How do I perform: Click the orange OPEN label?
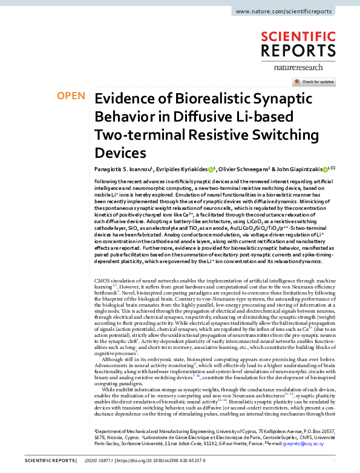71,96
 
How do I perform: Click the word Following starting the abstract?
108,182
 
